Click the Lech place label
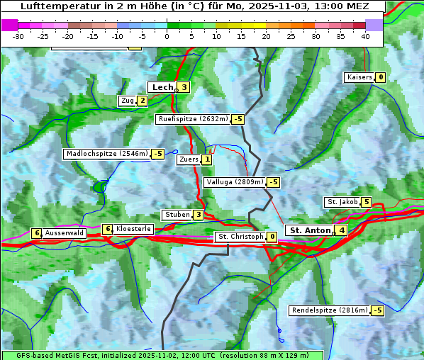(162, 87)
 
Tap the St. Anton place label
(310, 230)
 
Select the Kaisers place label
(359, 77)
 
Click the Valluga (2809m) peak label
(235, 182)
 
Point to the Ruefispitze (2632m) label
(193, 119)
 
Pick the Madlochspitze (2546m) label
(106, 154)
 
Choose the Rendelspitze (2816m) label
(330, 310)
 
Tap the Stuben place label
(177, 215)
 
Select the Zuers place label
(188, 160)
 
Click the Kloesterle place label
(133, 229)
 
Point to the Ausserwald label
(65, 233)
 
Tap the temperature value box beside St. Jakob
(366, 202)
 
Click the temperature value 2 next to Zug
(142, 101)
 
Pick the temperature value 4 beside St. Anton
(342, 230)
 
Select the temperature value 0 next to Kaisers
(381, 77)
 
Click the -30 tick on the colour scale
(18, 36)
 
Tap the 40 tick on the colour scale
(365, 36)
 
